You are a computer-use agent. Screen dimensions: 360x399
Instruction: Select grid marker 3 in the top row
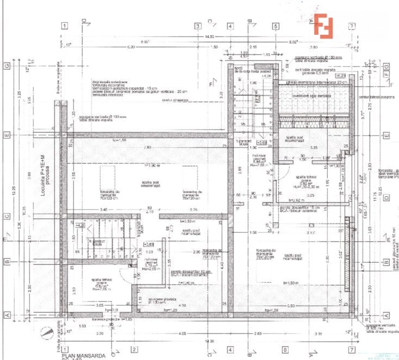pos(197,26)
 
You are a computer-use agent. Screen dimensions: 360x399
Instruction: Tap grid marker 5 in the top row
pos(275,26)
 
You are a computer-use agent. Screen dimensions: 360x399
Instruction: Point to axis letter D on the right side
pos(386,198)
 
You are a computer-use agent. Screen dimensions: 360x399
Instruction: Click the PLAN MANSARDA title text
pos(84,355)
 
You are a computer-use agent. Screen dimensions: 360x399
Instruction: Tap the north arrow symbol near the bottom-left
pos(48,332)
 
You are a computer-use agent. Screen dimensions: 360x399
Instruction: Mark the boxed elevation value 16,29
pos(341,75)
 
